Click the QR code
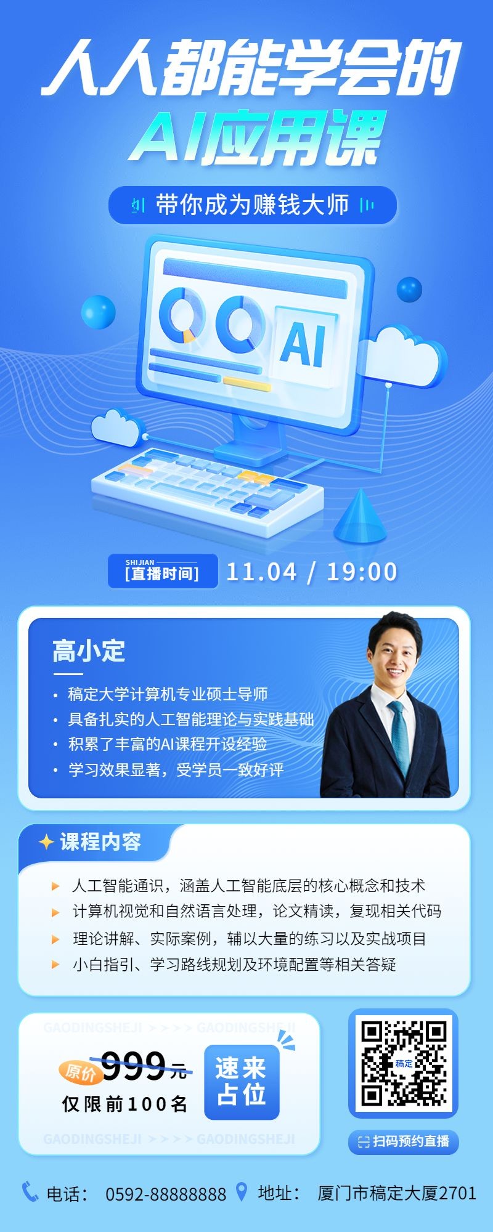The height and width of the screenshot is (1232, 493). click(404, 1063)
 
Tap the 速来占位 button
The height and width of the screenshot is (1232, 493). click(242, 1082)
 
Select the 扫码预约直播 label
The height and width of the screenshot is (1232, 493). click(404, 1141)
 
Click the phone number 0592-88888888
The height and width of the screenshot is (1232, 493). click(166, 1194)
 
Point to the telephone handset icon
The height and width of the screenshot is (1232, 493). click(30, 1191)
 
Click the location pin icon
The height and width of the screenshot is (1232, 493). click(242, 1191)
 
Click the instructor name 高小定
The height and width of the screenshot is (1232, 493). click(89, 651)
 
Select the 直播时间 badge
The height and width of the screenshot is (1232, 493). click(163, 571)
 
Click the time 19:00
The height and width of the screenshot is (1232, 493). click(362, 572)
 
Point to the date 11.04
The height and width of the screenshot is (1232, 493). click(261, 572)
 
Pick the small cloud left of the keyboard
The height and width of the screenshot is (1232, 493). click(116, 426)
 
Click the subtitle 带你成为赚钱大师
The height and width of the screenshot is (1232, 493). click(252, 205)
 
